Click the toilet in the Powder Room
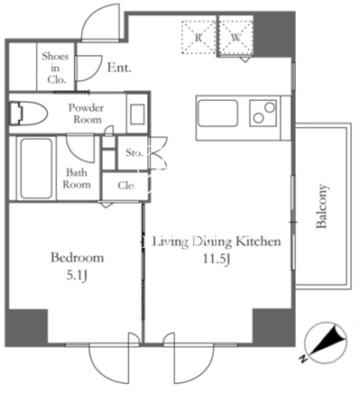pyautogui.click(x=29, y=114)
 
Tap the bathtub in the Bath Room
pyautogui.click(x=36, y=169)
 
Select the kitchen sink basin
pyautogui.click(x=217, y=114)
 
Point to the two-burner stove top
pyautogui.click(x=263, y=114)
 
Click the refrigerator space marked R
pyautogui.click(x=198, y=37)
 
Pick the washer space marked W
pyautogui.click(x=236, y=37)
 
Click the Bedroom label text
pyautogui.click(x=78, y=258)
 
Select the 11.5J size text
pyautogui.click(x=217, y=259)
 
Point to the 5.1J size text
pyautogui.click(x=77, y=276)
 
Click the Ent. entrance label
pyautogui.click(x=119, y=68)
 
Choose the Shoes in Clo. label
pyautogui.click(x=55, y=68)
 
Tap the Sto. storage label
pyautogui.click(x=134, y=152)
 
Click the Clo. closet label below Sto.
pyautogui.click(x=127, y=185)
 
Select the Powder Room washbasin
pyautogui.click(x=137, y=114)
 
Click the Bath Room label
pyautogui.click(x=77, y=178)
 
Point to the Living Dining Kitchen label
pyautogui.click(x=217, y=242)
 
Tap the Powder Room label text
pyautogui.click(x=87, y=114)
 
